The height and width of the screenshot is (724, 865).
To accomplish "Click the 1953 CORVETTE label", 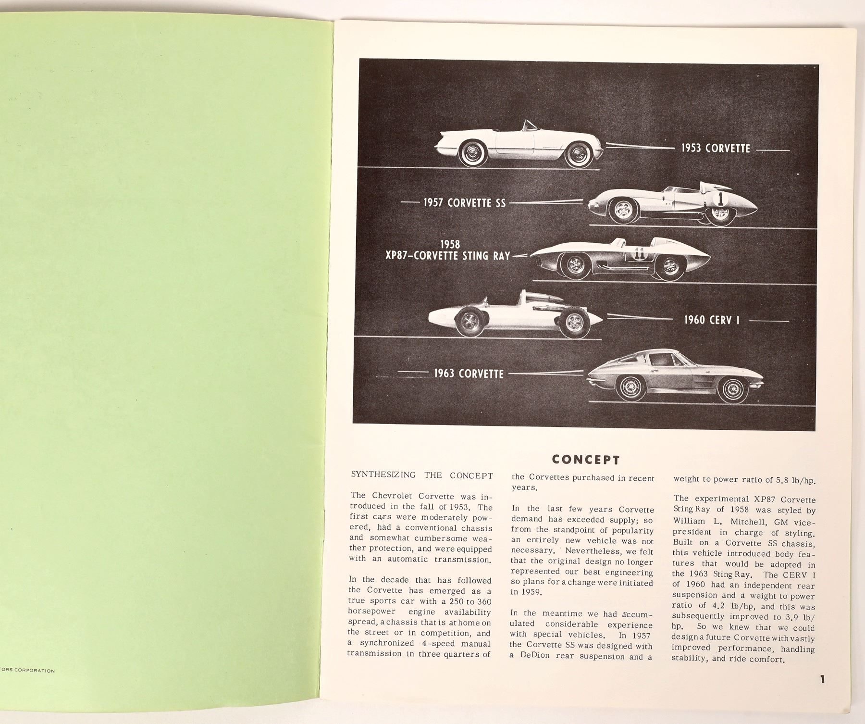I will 715,148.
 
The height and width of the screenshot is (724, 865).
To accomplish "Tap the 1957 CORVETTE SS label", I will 464,203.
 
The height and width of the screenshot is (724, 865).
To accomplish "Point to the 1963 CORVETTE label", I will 469,374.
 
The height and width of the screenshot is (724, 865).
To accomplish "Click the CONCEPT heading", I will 585,460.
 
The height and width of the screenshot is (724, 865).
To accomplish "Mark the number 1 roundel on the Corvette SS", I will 720,198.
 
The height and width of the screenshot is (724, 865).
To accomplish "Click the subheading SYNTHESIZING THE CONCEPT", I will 422,476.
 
